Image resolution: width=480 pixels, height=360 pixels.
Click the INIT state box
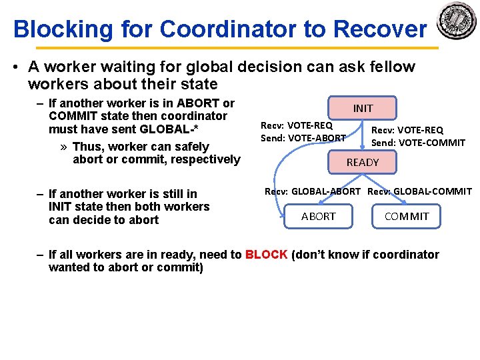(x=363, y=108)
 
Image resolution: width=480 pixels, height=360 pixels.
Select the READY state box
(x=362, y=162)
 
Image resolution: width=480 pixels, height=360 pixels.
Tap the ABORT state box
(x=318, y=216)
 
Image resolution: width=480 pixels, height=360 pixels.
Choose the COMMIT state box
(x=407, y=216)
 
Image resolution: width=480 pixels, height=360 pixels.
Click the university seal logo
(x=457, y=21)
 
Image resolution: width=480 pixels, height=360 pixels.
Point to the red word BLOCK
(x=266, y=255)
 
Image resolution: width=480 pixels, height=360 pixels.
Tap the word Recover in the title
(x=379, y=29)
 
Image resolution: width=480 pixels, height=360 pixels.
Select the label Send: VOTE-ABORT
(x=303, y=138)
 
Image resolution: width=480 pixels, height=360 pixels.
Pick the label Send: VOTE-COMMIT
(x=418, y=142)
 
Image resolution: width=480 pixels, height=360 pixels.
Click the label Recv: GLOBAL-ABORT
(x=313, y=191)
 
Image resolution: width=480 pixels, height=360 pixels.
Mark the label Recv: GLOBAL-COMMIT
(x=419, y=191)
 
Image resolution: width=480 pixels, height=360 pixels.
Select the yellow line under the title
(x=237, y=48)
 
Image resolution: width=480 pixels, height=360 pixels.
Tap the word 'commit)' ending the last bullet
(x=182, y=267)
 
